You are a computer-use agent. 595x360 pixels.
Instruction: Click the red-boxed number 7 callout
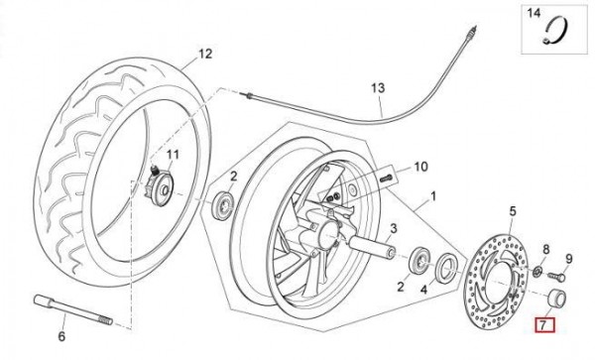pyautogui.click(x=544, y=325)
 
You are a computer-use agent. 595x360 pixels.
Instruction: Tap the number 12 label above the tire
pyautogui.click(x=205, y=54)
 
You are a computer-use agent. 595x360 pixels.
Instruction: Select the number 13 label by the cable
pyautogui.click(x=378, y=88)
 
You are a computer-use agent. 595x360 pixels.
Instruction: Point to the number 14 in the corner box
pyautogui.click(x=534, y=13)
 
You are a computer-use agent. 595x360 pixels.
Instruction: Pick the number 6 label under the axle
pyautogui.click(x=61, y=336)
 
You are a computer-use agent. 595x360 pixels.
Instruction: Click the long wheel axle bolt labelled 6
pyautogui.click(x=72, y=309)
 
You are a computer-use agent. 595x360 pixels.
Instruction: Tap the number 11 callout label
pyautogui.click(x=173, y=155)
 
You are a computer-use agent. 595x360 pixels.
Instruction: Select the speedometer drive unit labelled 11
pyautogui.click(x=160, y=185)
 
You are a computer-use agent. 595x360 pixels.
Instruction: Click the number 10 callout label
pyautogui.click(x=420, y=167)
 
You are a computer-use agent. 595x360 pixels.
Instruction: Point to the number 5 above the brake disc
pyautogui.click(x=513, y=211)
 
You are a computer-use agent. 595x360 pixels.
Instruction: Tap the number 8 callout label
pyautogui.click(x=546, y=250)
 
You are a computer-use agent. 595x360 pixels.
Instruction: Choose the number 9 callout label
pyautogui.click(x=569, y=259)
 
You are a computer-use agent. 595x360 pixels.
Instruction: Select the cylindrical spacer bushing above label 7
pyautogui.click(x=557, y=299)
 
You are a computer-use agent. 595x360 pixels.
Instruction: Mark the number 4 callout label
pyautogui.click(x=423, y=290)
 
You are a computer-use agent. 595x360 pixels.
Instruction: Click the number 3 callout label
pyautogui.click(x=394, y=229)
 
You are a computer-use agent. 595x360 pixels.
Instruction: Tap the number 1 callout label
pyautogui.click(x=433, y=196)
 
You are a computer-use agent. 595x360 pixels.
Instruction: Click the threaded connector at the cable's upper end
pyautogui.click(x=470, y=33)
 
